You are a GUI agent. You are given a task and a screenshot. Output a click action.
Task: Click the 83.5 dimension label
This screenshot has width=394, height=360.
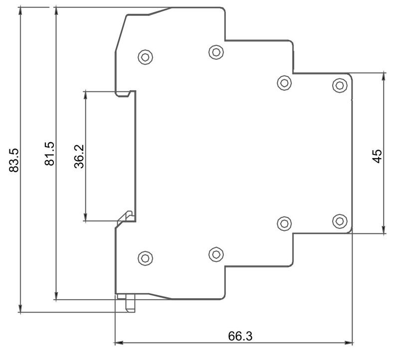click(14, 160)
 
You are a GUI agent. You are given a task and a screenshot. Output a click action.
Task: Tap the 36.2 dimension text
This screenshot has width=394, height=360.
click(79, 157)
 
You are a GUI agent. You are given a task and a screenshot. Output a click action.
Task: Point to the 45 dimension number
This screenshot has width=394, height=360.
click(377, 156)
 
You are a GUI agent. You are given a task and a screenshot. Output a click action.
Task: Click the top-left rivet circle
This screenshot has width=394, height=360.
click(145, 57)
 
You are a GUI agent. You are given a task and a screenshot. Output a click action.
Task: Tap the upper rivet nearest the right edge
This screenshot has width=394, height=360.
click(340, 85)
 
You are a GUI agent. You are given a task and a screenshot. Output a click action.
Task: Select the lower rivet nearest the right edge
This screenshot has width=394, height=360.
click(340, 220)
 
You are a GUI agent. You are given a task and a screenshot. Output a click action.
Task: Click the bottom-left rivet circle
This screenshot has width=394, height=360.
click(145, 258)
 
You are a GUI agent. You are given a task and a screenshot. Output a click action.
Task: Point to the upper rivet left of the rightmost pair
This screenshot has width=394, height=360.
click(284, 82)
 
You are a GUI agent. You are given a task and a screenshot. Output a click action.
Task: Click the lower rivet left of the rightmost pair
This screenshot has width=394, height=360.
click(284, 223)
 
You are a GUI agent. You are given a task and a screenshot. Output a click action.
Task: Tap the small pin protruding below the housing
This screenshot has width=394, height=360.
click(131, 303)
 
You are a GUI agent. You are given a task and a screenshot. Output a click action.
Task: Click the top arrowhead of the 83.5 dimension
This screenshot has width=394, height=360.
click(20, 11)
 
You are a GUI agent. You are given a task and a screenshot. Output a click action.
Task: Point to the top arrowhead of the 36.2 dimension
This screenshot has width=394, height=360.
click(86, 94)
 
